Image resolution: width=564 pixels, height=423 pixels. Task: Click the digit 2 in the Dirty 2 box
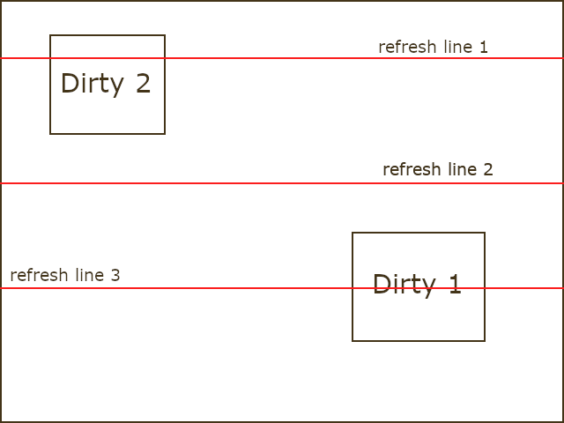(143, 84)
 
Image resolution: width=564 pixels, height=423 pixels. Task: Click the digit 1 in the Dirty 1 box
(454, 285)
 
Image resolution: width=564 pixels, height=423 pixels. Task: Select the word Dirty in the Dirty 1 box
(404, 285)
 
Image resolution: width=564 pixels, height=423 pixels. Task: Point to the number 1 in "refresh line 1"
(483, 47)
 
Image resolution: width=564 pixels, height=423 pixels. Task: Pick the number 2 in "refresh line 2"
(487, 169)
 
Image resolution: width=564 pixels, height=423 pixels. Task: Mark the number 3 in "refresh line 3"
(115, 275)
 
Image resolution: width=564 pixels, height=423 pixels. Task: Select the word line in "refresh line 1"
(455, 47)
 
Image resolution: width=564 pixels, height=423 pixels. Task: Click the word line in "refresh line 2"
(459, 169)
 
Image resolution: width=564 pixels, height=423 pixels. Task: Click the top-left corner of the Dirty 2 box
(50, 35)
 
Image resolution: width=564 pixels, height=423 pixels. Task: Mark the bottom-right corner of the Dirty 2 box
(165, 134)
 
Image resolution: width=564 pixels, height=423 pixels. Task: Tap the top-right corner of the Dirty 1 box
(485, 233)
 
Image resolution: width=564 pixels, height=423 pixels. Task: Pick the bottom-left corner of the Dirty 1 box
(352, 340)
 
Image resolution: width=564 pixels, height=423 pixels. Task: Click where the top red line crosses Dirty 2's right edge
(165, 58)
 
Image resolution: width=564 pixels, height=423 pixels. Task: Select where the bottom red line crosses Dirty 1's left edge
(352, 288)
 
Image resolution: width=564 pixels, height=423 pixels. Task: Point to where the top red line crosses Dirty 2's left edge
(50, 58)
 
